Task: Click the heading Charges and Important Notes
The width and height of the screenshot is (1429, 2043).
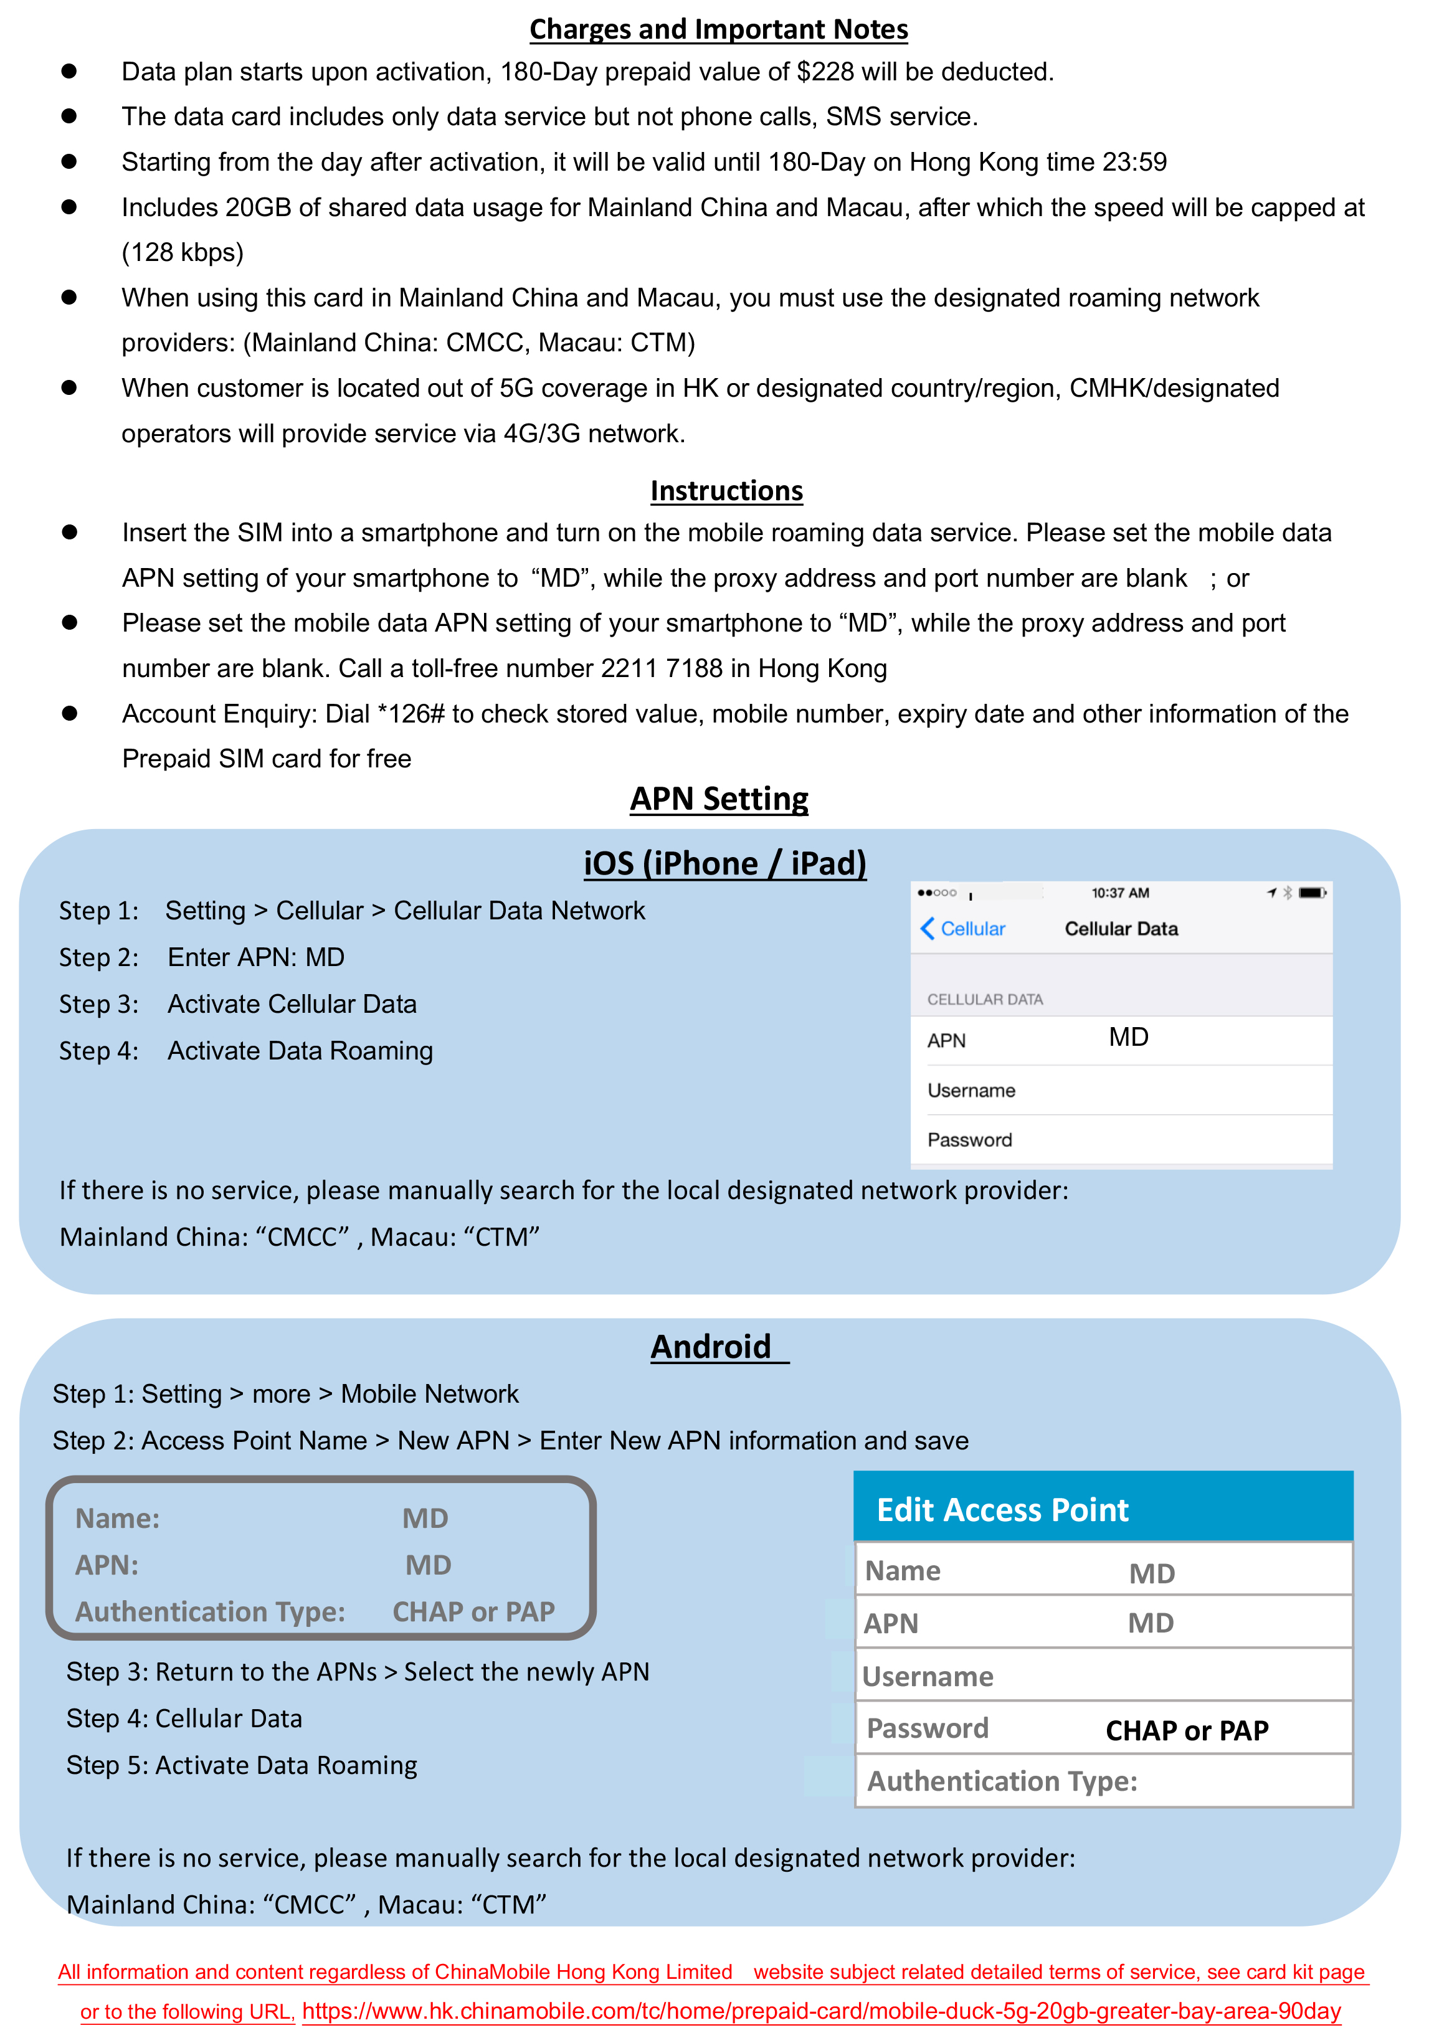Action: (718, 29)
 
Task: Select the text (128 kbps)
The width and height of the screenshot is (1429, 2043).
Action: (183, 253)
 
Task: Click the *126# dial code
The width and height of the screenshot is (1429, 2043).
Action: (410, 714)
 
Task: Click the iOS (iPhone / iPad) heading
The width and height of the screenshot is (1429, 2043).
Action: (724, 863)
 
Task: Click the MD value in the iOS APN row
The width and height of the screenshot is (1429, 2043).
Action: (1128, 1038)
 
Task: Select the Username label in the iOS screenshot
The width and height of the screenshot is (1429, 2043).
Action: (971, 1091)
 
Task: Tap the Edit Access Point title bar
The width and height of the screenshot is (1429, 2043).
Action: (1103, 1509)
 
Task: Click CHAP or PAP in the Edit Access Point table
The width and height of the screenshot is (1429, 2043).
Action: (1186, 1731)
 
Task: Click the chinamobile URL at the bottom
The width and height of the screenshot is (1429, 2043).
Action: (820, 2011)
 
